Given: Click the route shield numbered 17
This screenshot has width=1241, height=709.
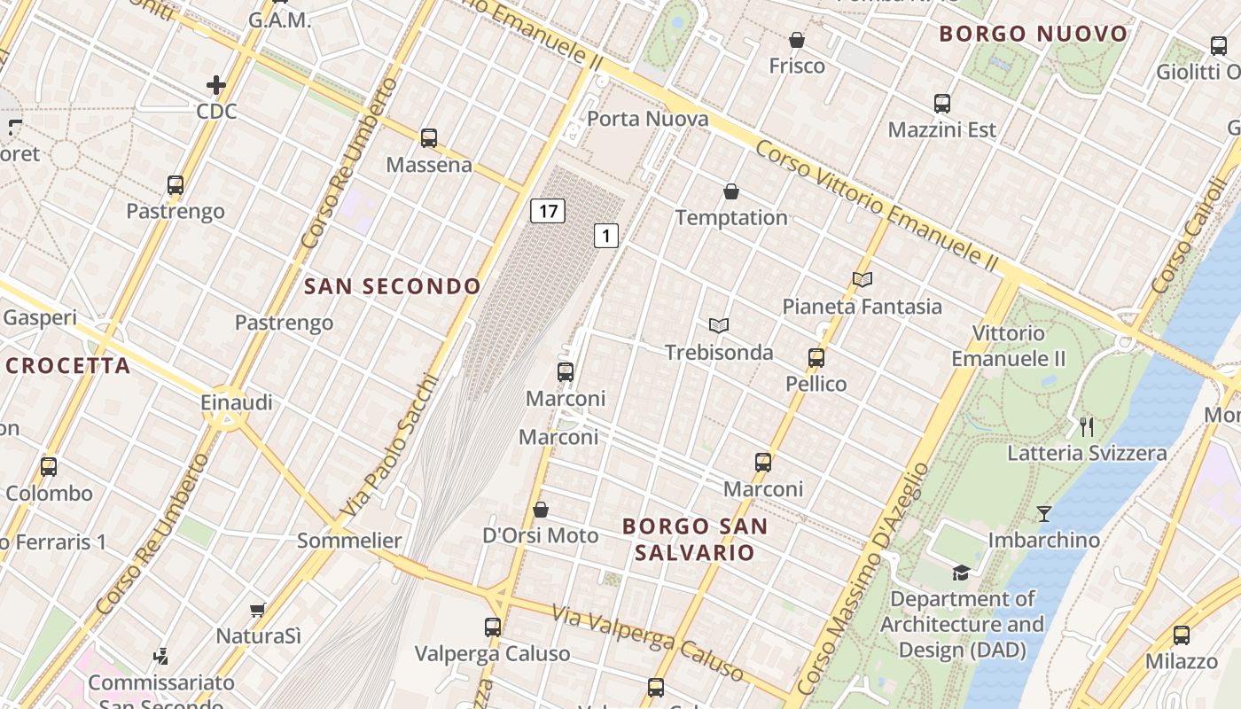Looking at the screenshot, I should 548,211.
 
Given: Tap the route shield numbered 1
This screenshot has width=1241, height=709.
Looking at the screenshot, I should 606,236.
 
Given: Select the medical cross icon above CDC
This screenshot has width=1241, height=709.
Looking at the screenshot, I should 215,85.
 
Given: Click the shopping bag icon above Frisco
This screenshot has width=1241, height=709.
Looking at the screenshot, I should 797,40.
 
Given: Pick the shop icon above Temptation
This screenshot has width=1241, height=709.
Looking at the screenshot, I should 731,191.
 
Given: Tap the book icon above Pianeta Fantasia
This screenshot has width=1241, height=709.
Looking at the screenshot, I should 862,280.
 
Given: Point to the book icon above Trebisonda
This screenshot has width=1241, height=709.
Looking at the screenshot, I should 719,326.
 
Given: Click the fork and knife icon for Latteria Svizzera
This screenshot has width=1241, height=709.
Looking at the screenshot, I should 1087,427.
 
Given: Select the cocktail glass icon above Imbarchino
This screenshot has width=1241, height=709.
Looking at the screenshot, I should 1044,514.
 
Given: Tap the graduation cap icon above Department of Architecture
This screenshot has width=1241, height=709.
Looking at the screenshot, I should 961,573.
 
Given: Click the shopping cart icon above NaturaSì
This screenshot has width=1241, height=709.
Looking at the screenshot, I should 258,610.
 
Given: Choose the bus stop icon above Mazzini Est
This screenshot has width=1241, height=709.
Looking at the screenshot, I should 942,104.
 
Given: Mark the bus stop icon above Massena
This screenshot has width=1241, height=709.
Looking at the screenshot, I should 429,138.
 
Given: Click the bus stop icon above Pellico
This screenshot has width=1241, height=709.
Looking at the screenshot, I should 816,358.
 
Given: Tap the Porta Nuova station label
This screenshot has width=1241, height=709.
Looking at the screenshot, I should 648,119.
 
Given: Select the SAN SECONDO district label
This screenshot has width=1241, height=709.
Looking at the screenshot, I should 392,286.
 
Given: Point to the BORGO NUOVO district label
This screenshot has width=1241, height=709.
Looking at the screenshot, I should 1033,35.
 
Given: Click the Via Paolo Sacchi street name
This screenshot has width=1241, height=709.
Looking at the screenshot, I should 391,446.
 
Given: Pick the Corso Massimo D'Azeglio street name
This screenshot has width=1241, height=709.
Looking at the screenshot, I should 861,576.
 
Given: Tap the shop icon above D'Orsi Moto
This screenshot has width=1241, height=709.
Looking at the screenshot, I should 541,510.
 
